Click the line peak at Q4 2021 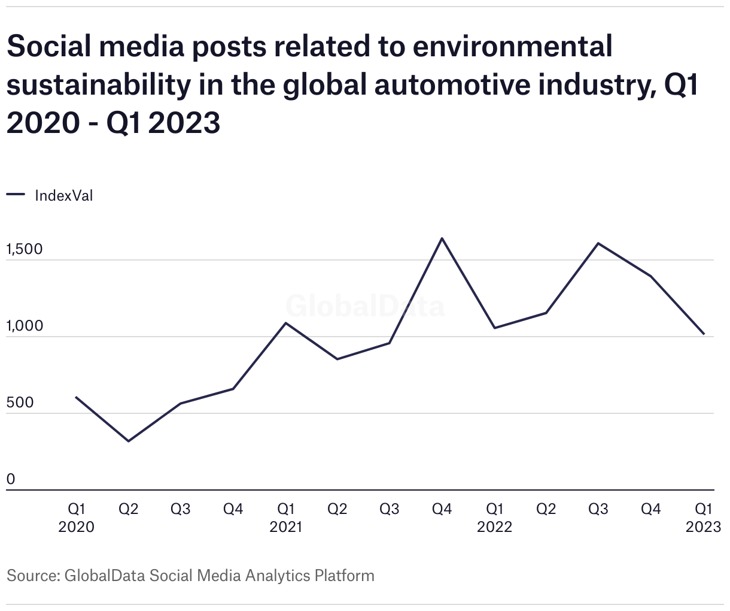pos(442,238)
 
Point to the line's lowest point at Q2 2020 pos(129,441)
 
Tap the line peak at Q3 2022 pos(598,243)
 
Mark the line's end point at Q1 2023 pos(704,334)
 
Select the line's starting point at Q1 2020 pos(76,397)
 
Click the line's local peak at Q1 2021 pos(286,323)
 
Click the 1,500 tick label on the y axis pos(25,249)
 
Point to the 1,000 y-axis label pos(25,326)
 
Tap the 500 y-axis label pos(20,403)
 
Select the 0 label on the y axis pos(11,479)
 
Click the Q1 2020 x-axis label pos(76,518)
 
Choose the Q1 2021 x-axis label pos(286,518)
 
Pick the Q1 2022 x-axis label pos(494,518)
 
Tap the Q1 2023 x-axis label pos(703,518)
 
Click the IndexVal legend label pos(64,195)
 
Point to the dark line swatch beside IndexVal pos(16,194)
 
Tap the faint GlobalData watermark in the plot pos(365,306)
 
